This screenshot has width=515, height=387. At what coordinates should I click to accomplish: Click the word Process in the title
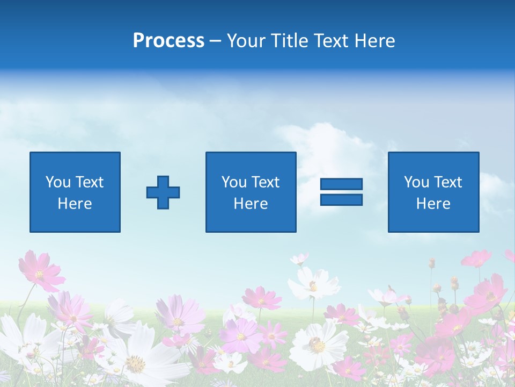coord(168,41)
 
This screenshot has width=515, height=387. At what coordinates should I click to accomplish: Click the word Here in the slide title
coord(376,41)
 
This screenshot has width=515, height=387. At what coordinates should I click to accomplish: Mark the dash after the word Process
coord(216,41)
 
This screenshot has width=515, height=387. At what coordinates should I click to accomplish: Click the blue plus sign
coord(163,192)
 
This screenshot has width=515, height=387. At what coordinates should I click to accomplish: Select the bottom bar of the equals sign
coord(341,199)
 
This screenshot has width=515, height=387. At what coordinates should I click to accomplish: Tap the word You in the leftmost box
coord(57,182)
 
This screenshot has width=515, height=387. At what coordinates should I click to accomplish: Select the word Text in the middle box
coord(266,182)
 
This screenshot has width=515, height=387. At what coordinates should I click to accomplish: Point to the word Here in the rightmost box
coord(433,204)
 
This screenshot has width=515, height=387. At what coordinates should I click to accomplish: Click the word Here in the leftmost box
coord(75,204)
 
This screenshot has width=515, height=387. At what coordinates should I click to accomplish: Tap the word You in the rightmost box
coord(416,182)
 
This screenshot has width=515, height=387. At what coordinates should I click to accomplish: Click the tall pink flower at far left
coord(40,271)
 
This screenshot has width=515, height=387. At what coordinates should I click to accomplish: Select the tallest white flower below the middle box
coord(314,283)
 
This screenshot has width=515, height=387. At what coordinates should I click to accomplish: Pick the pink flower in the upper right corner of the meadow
coord(476,259)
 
